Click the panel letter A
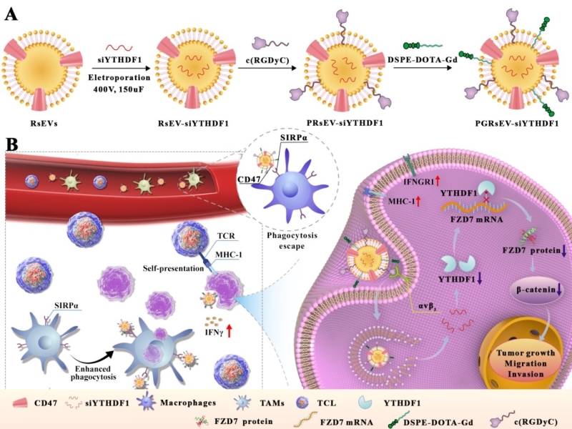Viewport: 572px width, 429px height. pyautogui.click(x=12, y=14)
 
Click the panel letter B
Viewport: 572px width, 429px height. pyautogui.click(x=12, y=145)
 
